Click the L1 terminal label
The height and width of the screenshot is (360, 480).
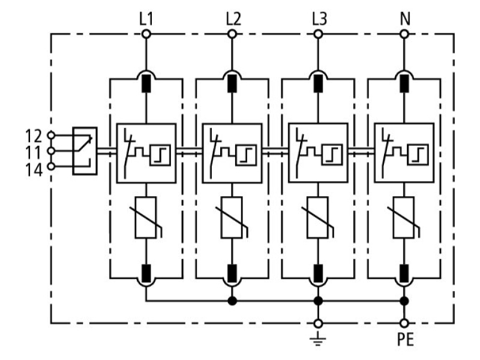(x=146, y=19)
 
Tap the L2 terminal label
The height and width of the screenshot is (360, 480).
(x=233, y=19)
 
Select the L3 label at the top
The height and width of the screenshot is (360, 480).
(x=320, y=19)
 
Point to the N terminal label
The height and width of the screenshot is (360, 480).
(x=405, y=19)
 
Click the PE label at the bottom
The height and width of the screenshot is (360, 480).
(x=406, y=339)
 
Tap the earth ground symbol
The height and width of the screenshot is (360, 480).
(x=318, y=338)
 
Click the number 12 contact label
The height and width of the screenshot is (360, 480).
(x=34, y=136)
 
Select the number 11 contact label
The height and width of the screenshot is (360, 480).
(x=34, y=152)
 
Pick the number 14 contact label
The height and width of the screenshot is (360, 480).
(x=34, y=170)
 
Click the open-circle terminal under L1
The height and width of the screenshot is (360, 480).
(x=146, y=34)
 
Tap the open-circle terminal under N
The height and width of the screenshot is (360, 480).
(x=404, y=34)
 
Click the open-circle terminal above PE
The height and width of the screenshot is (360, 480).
(x=404, y=323)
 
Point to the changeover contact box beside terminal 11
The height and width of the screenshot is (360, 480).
(x=85, y=151)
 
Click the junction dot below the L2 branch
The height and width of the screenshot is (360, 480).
(x=232, y=301)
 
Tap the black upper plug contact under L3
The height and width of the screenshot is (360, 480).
(x=319, y=83)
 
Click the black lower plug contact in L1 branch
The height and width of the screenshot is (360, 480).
(x=146, y=274)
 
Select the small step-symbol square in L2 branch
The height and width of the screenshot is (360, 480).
(x=246, y=155)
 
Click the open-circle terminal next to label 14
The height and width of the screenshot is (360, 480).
(x=51, y=167)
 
